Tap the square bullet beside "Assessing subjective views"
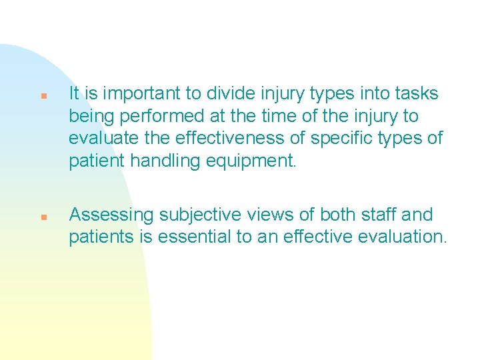coord(42,217)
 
